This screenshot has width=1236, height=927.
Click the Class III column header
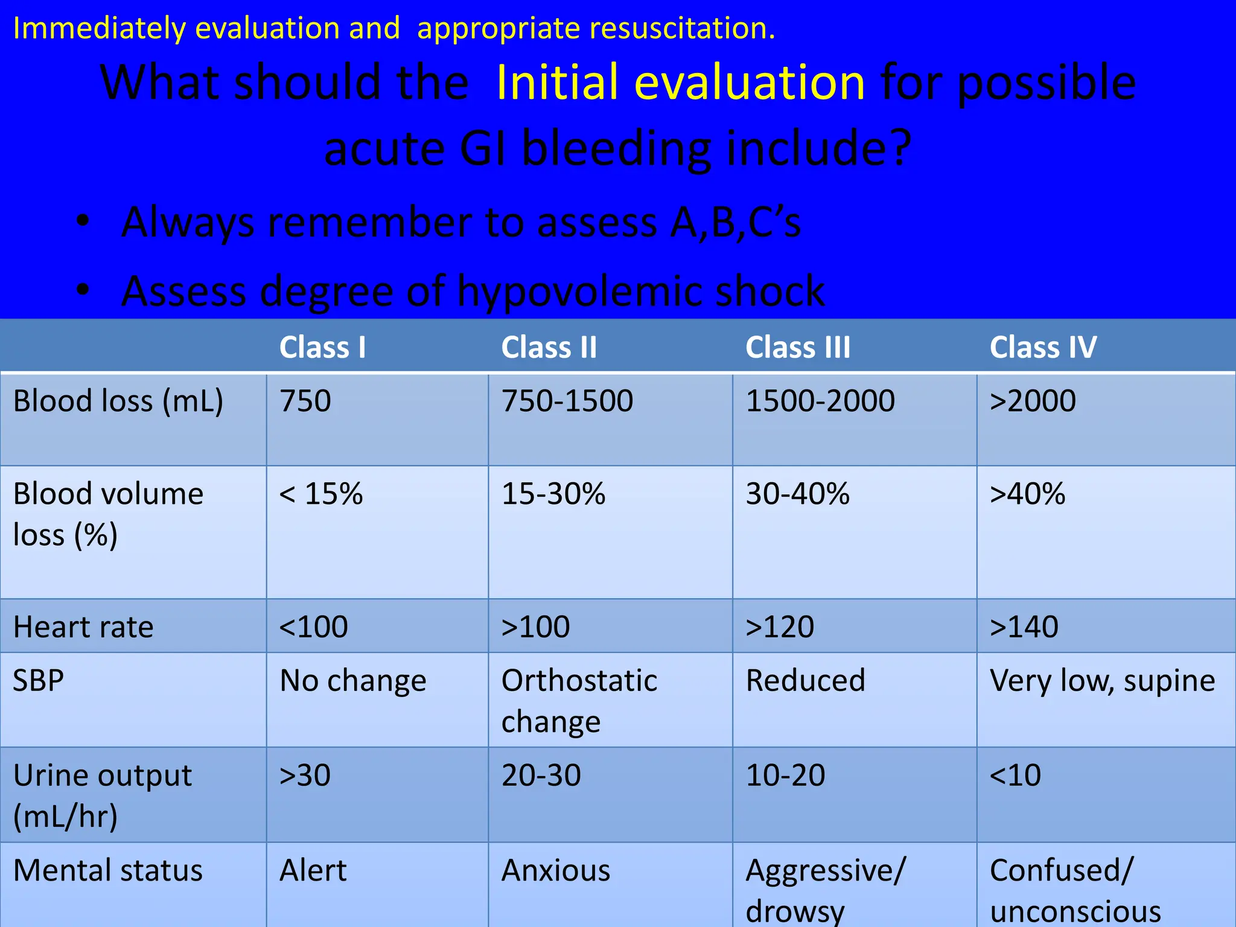pyautogui.click(x=797, y=348)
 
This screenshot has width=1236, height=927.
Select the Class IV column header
pyautogui.click(x=1043, y=348)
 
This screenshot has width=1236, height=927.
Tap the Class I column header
pyautogui.click(x=322, y=348)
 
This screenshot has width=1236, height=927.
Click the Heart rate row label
pyautogui.click(x=83, y=626)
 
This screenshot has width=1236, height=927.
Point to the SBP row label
pyautogui.click(x=38, y=681)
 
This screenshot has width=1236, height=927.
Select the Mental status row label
pyautogui.click(x=108, y=870)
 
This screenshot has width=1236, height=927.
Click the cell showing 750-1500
pyautogui.click(x=567, y=401)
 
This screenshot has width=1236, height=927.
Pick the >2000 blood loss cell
pyautogui.click(x=1033, y=401)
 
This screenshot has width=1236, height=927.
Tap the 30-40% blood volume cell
pyautogui.click(x=797, y=494)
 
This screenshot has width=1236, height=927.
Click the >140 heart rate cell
pyautogui.click(x=1024, y=626)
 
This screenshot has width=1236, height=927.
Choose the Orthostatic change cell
pyautogui.click(x=579, y=700)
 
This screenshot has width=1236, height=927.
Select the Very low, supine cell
pyautogui.click(x=1102, y=681)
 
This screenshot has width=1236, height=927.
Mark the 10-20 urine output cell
pyautogui.click(x=785, y=775)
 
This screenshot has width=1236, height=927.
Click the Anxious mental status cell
pyautogui.click(x=556, y=870)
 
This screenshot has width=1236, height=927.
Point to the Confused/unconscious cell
pyautogui.click(x=1074, y=890)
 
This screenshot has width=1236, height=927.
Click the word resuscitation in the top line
pyautogui.click(x=682, y=28)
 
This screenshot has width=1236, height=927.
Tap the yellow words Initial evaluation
pyautogui.click(x=681, y=82)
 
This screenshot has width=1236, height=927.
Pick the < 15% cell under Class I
pyautogui.click(x=321, y=494)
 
